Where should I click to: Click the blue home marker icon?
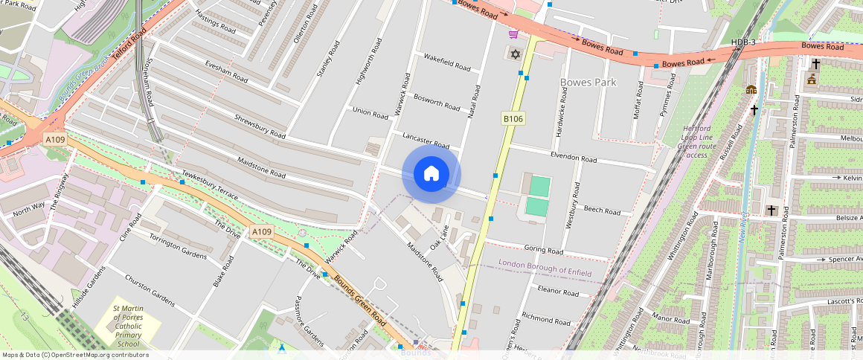click(431, 174)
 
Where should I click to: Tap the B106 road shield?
click(513, 119)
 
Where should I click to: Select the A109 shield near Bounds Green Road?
click(261, 232)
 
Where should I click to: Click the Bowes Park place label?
click(588, 82)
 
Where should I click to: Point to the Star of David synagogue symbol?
click(513, 54)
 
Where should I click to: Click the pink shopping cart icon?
click(513, 33)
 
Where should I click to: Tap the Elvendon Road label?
click(574, 159)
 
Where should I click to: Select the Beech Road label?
click(602, 211)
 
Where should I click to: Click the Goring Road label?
click(544, 251)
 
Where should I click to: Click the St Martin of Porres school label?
click(127, 326)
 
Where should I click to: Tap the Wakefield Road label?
click(446, 62)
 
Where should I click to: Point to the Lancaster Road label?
click(426, 141)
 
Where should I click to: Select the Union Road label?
click(370, 114)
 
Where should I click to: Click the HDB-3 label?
click(743, 42)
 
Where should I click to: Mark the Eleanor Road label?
click(558, 292)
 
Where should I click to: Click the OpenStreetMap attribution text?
click(75, 355)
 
